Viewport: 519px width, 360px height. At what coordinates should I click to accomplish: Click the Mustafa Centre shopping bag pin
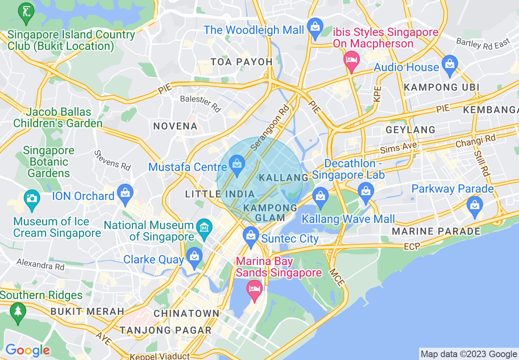[x=237, y=164]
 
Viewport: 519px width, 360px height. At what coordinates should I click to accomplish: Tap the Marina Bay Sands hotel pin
[x=255, y=288]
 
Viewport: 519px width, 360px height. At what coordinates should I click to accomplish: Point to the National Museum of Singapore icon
[x=204, y=226]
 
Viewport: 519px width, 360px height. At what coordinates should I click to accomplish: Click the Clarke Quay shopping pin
[x=194, y=256]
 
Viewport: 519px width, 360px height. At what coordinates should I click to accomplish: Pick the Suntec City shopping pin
[x=250, y=235]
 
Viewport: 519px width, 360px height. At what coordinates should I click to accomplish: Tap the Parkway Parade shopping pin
[x=475, y=204]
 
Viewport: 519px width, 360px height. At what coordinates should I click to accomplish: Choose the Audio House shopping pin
[x=449, y=64]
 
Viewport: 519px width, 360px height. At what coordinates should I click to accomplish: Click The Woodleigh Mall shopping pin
[x=315, y=27]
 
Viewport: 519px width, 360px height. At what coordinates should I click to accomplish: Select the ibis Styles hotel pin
[x=351, y=60]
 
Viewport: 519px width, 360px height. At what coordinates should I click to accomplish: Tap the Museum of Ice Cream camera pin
[x=32, y=198]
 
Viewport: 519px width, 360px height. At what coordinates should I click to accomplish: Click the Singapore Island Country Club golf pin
[x=26, y=12]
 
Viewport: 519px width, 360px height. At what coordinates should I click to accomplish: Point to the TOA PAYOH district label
[x=241, y=62]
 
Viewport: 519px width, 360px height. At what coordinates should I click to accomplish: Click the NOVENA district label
[x=176, y=126]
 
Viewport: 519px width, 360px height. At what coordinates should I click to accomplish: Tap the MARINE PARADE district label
[x=436, y=232]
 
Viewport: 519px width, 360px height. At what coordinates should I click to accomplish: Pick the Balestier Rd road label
[x=201, y=103]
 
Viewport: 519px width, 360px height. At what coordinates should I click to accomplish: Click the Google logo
[x=27, y=350]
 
